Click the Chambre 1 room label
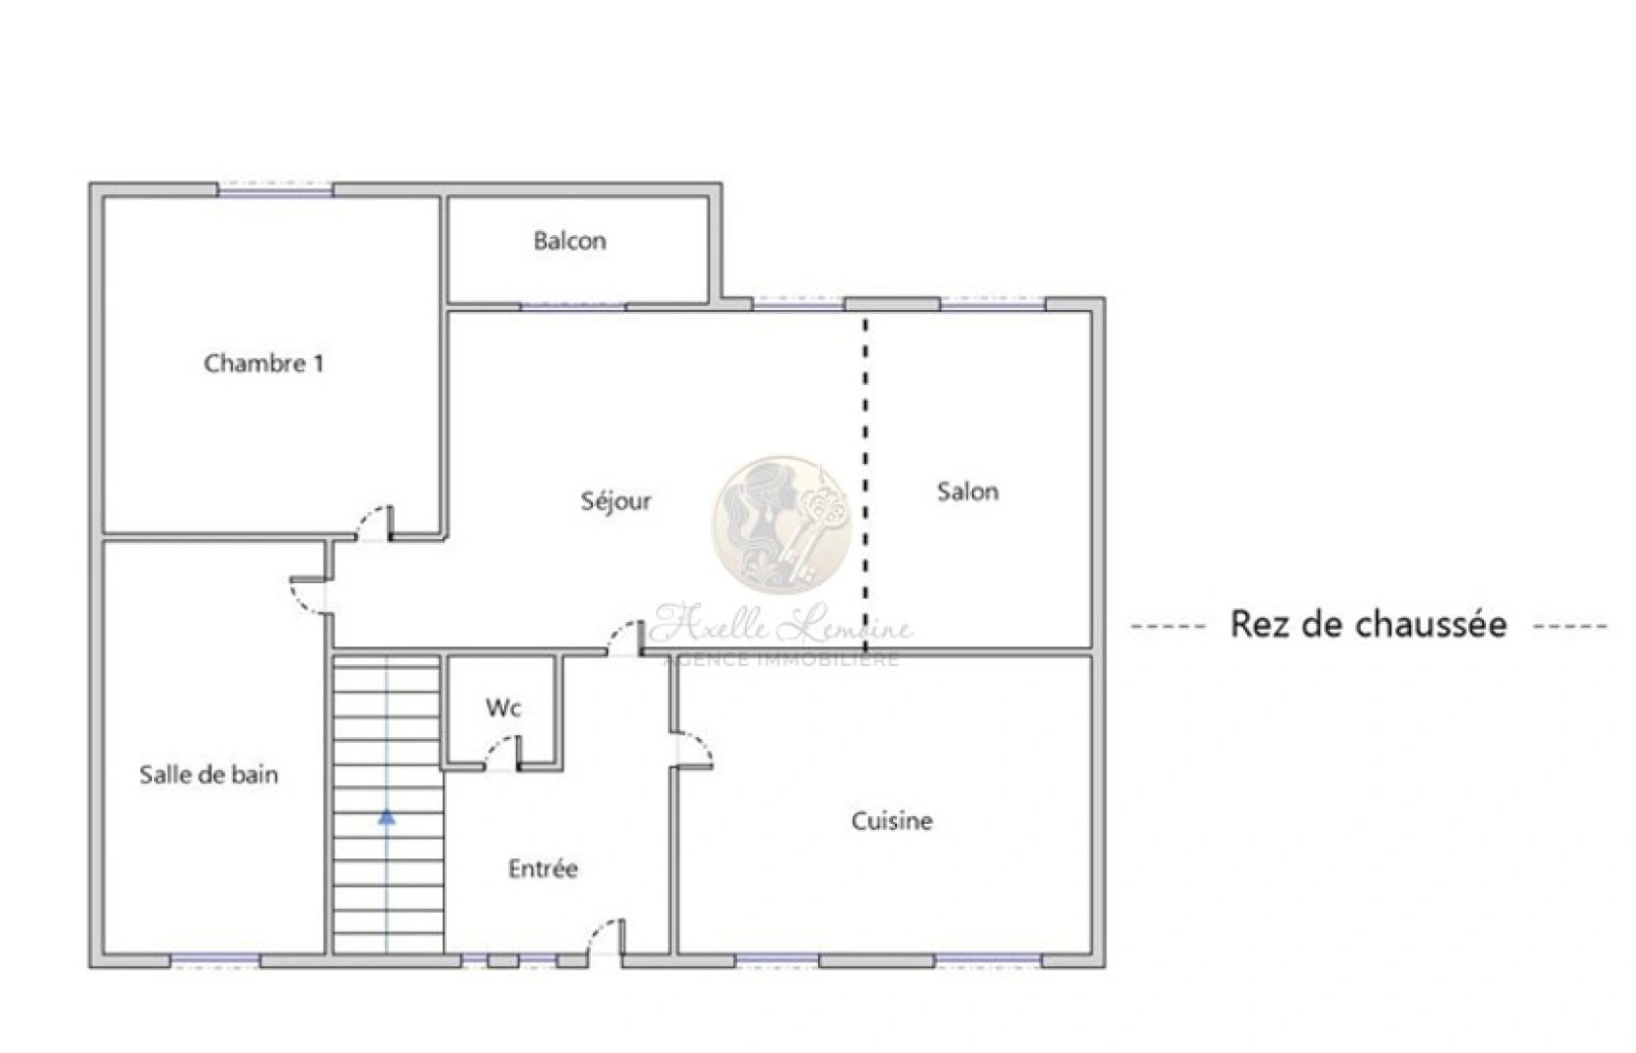[263, 364]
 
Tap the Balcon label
[569, 241]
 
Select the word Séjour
[615, 501]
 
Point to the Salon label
[967, 491]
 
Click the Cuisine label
[891, 821]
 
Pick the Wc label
[503, 708]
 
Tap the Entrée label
[543, 869]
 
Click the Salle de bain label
[209, 775]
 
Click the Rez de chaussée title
[1368, 624]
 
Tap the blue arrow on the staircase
[387, 817]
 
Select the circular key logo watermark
[782, 525]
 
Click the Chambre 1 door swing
[373, 523]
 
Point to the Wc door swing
[502, 754]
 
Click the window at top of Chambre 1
[275, 190]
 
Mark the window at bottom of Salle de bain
[215, 961]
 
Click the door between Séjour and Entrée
[625, 639]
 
